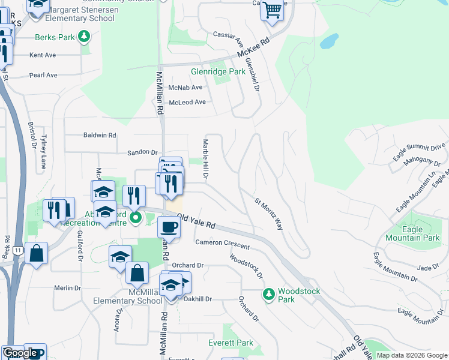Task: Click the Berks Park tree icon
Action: coord(85,37)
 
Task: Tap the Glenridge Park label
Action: coord(218,71)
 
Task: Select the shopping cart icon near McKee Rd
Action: coord(272,10)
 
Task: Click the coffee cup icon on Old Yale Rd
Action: coord(169,227)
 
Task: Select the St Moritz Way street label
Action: coord(269,214)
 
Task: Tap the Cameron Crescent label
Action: coord(222,245)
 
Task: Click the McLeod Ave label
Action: coord(187,102)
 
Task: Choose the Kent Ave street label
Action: coord(43,55)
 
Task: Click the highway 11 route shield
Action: coord(18,250)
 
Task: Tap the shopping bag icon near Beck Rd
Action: coord(36,253)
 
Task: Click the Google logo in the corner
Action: coord(20,353)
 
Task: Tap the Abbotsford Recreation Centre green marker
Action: coord(136,217)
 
